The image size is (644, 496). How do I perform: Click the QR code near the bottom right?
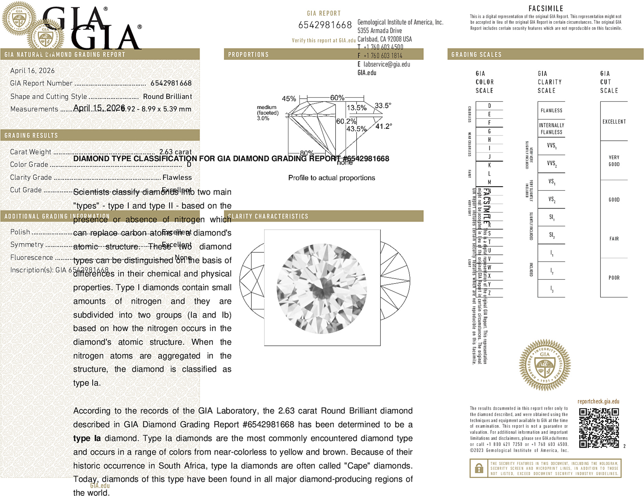tap(599, 428)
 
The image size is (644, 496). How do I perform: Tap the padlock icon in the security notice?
tap(479, 468)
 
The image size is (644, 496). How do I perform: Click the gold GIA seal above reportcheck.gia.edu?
tap(545, 365)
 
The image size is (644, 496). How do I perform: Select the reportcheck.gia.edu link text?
tap(598, 401)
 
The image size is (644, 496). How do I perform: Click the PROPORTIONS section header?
tap(248, 55)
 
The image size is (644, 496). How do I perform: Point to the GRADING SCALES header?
tap(476, 55)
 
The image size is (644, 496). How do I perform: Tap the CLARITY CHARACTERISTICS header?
tap(268, 216)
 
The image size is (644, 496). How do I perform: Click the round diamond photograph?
tap(322, 288)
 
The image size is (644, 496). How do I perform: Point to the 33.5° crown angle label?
tap(383, 106)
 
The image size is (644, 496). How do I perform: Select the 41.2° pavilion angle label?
tap(383, 126)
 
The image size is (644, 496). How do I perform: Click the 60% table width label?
tap(337, 98)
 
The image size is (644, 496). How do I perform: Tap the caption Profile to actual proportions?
tap(331, 178)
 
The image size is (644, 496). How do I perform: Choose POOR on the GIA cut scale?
tap(614, 278)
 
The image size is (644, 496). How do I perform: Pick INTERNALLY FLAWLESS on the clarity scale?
tap(551, 129)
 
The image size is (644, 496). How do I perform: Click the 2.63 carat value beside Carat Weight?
tap(175, 152)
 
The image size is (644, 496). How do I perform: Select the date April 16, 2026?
tap(32, 71)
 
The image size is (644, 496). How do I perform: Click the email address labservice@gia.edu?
tap(387, 64)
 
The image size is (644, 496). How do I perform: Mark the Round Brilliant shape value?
tap(167, 97)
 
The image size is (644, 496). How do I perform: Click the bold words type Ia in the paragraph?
tap(87, 438)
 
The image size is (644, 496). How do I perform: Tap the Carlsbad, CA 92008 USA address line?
tap(384, 39)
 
